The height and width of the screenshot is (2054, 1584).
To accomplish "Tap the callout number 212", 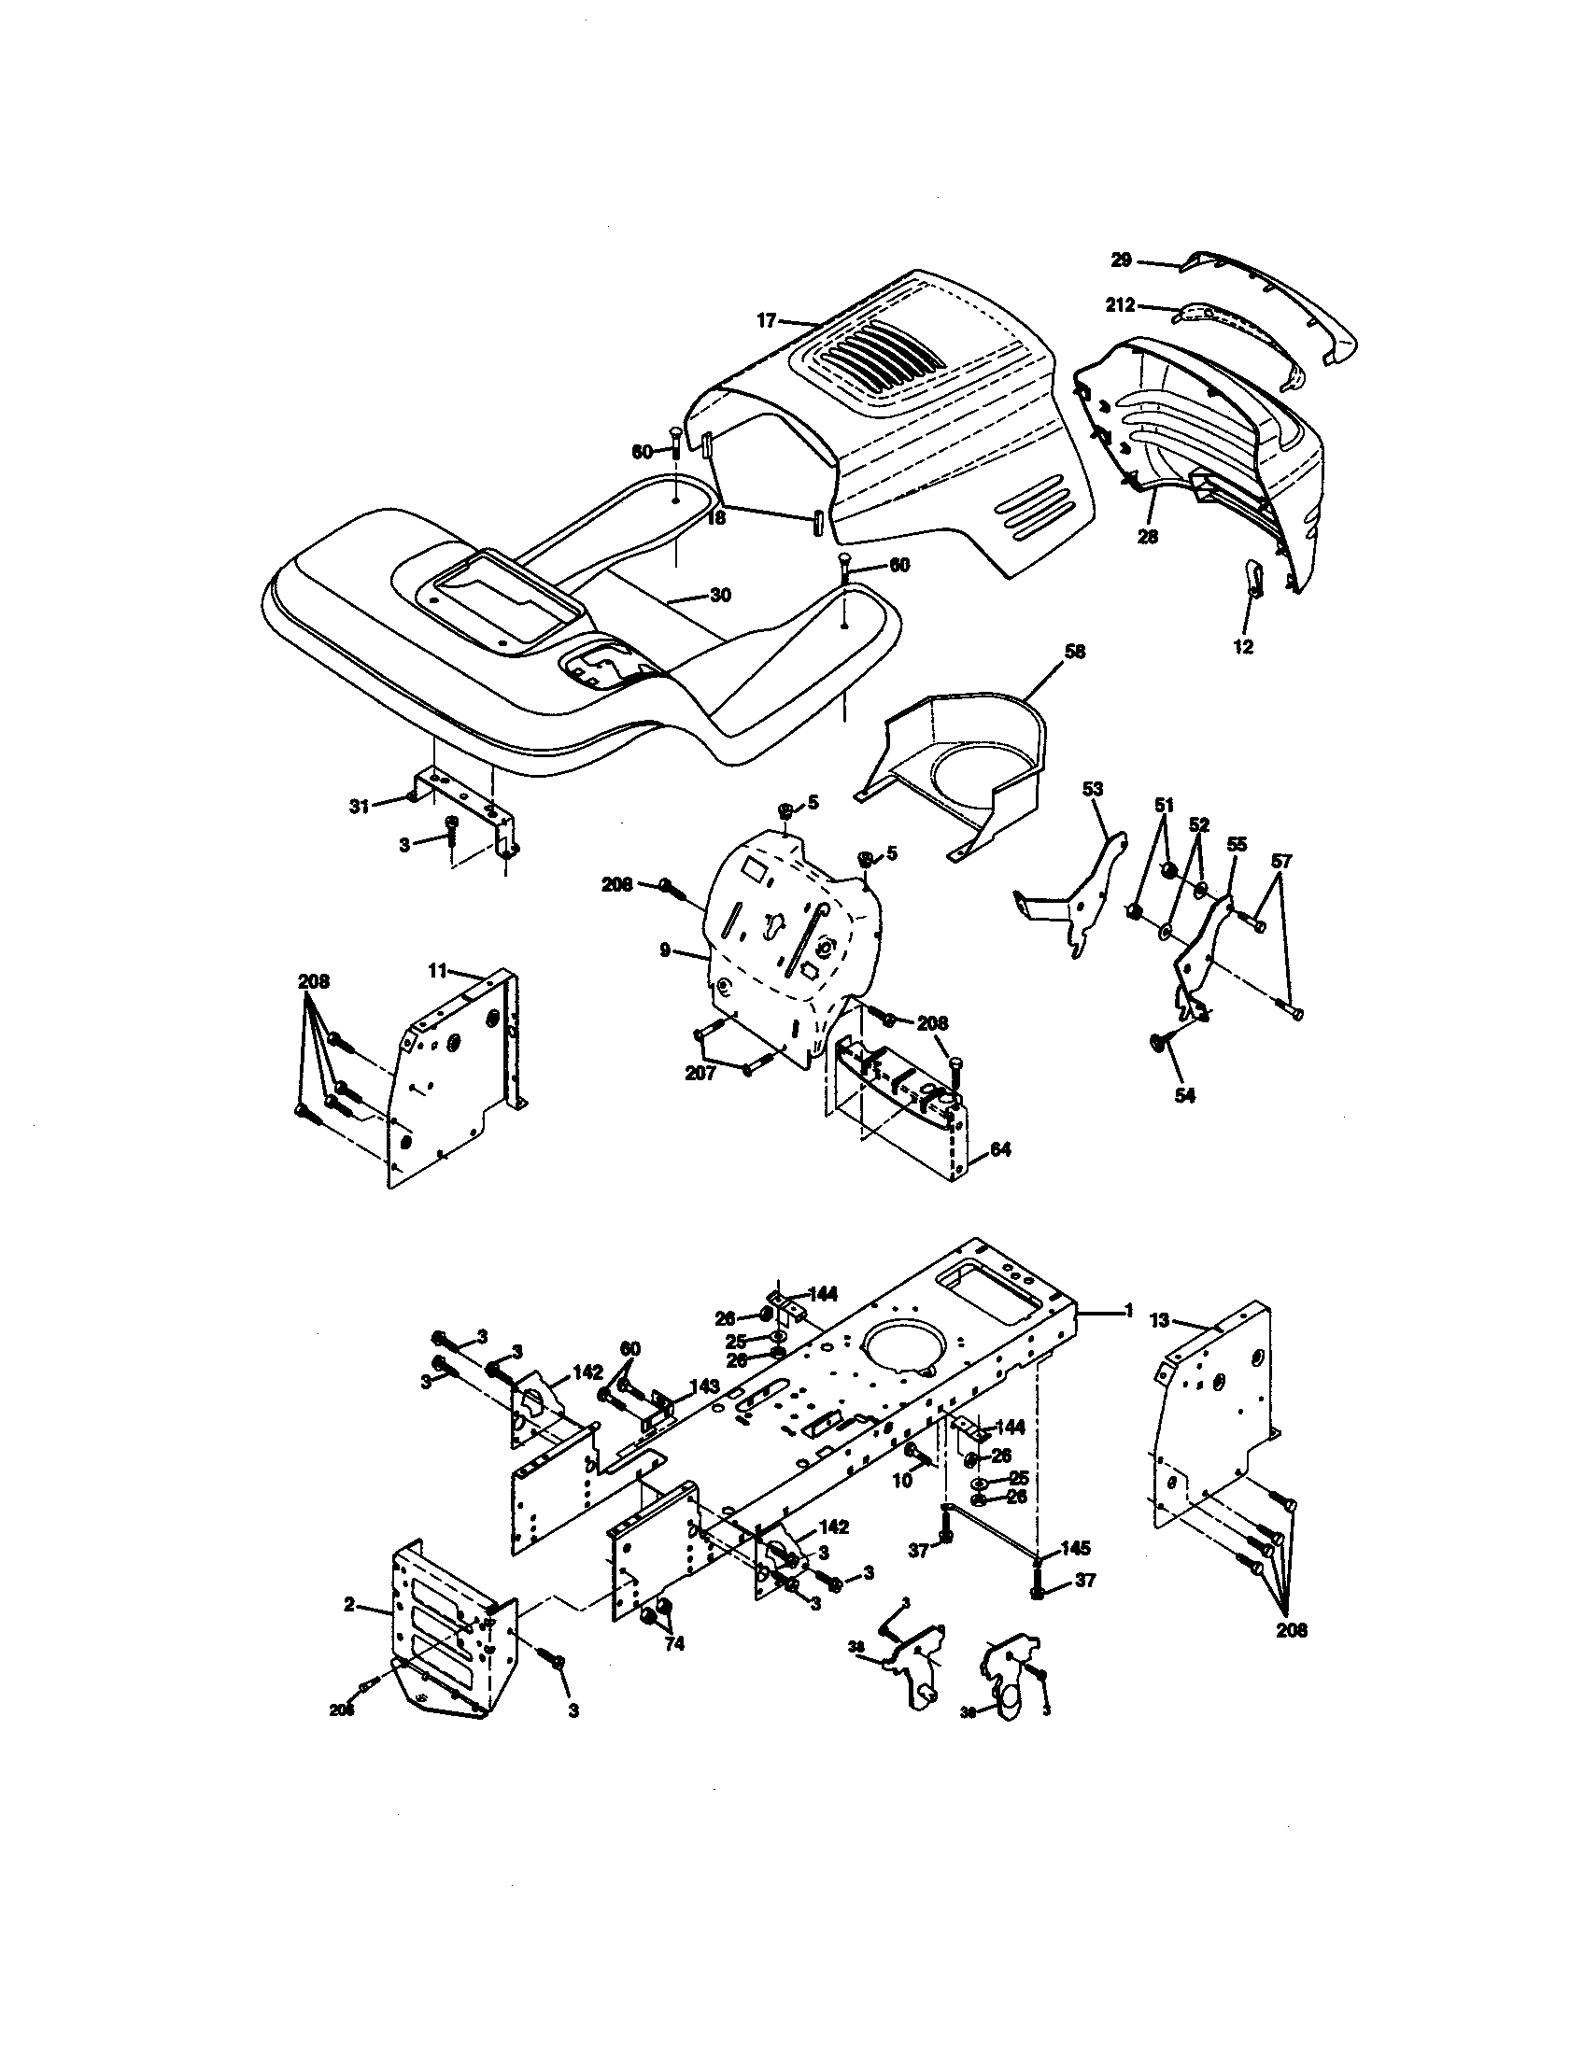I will (x=1121, y=304).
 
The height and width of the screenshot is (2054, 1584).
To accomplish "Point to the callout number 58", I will (x=1074, y=651).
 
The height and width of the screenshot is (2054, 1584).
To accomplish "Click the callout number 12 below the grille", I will (x=1242, y=647).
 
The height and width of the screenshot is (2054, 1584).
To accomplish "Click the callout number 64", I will (x=1000, y=1149).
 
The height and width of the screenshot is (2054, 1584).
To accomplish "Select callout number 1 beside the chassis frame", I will (x=1128, y=1310).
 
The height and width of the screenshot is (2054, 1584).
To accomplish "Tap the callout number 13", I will (x=1159, y=1320).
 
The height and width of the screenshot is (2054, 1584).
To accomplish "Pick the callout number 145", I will (x=1075, y=1547).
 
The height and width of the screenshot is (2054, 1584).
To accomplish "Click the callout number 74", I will (x=673, y=1644).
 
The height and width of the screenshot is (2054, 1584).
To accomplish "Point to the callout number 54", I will (x=1184, y=1096).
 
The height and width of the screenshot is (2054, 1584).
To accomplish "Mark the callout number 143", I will (x=703, y=1386).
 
